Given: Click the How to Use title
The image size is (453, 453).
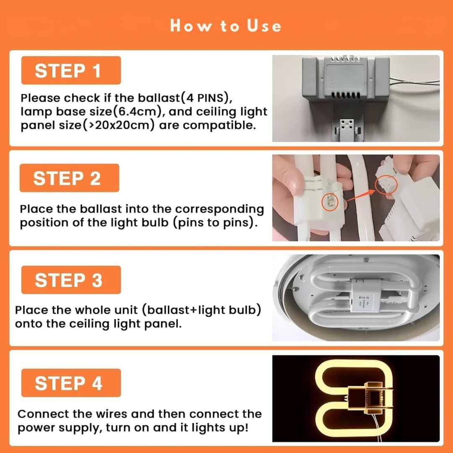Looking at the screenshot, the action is pyautogui.click(x=225, y=26).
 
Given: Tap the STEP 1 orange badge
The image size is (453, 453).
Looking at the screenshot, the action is pyautogui.click(x=71, y=70).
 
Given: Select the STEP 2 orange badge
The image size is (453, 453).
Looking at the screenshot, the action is pyautogui.click(x=69, y=178).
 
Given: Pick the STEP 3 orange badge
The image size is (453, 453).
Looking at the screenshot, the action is pyautogui.click(x=71, y=280).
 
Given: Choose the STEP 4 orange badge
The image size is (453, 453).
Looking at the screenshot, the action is pyautogui.click(x=71, y=383).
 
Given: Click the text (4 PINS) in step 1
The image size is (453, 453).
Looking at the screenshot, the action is pyautogui.click(x=206, y=98).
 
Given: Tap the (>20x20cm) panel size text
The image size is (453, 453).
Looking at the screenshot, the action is pyautogui.click(x=119, y=125).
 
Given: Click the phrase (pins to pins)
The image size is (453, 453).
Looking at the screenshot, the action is pyautogui.click(x=215, y=223).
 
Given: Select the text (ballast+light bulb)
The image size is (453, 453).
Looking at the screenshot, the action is pyautogui.click(x=202, y=310).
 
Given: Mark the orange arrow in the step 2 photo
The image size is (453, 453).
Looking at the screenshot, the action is pyautogui.click(x=360, y=195).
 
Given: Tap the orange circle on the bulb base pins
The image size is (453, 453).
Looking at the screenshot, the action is pyautogui.click(x=330, y=202).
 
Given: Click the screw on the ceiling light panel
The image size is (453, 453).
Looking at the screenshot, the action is pyautogui.click(x=295, y=288).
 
